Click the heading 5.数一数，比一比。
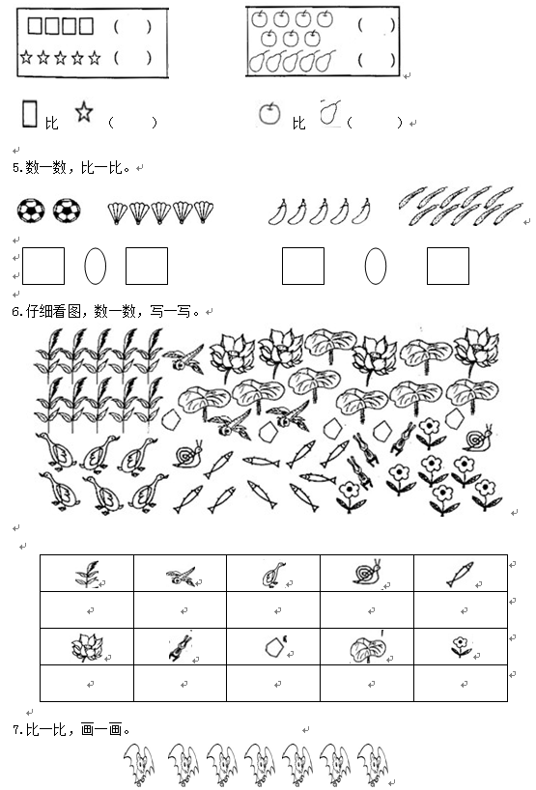pyautogui.click(x=71, y=167)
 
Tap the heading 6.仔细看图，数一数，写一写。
pyautogui.click(x=106, y=312)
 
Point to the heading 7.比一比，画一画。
pyautogui.click(x=71, y=729)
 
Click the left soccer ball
pyautogui.click(x=31, y=211)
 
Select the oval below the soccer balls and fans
pyautogui.click(x=96, y=266)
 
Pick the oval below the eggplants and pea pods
pyautogui.click(x=376, y=266)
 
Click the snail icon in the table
pyautogui.click(x=367, y=573)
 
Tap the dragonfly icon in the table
pyautogui.click(x=181, y=576)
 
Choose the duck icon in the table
pyautogui.click(x=273, y=575)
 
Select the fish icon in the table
pyautogui.click(x=460, y=575)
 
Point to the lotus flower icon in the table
pyautogui.click(x=87, y=647)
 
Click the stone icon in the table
pyautogui.click(x=275, y=647)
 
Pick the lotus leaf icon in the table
pyautogui.click(x=368, y=649)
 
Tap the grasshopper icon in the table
pyautogui.click(x=181, y=647)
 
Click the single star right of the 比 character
pyautogui.click(x=84, y=112)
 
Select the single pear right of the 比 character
pyautogui.click(x=330, y=112)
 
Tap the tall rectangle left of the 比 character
pyautogui.click(x=30, y=113)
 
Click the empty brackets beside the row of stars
pyautogui.click(x=132, y=57)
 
